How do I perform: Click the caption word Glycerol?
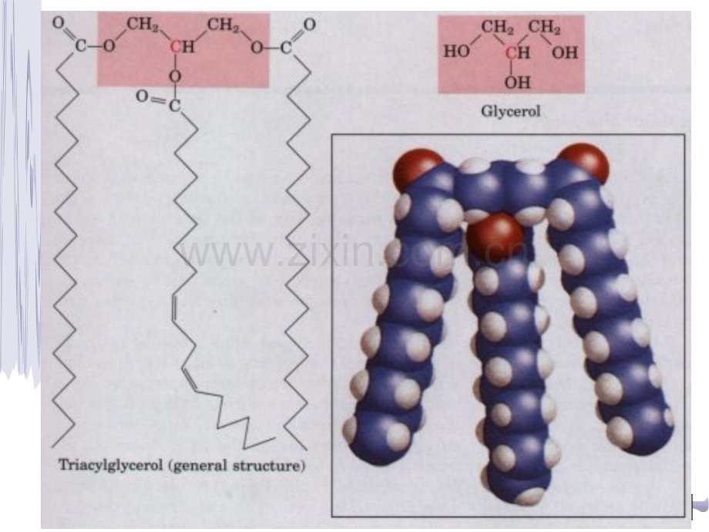(x=510, y=111)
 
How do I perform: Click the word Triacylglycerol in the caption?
(x=111, y=465)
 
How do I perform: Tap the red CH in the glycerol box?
(x=517, y=53)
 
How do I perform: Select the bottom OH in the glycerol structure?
(x=518, y=82)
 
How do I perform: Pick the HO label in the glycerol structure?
(x=456, y=52)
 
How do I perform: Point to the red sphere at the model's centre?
(x=495, y=237)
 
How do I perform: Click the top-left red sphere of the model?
(x=418, y=169)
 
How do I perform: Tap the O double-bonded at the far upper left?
(x=58, y=22)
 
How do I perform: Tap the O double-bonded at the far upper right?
(x=309, y=25)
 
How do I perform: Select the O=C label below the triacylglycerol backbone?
(x=158, y=101)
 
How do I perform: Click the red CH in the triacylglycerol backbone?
(x=182, y=46)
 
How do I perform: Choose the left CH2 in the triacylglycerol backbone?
(x=142, y=24)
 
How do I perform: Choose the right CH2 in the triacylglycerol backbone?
(x=223, y=25)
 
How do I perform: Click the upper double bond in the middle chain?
(x=173, y=308)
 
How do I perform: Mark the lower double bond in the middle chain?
(x=189, y=379)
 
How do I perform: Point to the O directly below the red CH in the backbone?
(x=176, y=76)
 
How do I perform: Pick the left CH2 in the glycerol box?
(x=497, y=27)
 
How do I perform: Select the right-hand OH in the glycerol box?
(x=565, y=53)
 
